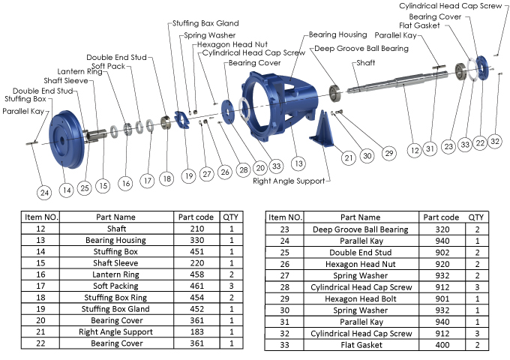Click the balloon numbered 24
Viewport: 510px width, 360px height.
(x=45, y=192)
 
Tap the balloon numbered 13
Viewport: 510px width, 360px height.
(x=299, y=162)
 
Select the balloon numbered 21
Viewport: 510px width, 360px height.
(x=347, y=157)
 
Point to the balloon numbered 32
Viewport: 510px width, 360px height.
(x=493, y=141)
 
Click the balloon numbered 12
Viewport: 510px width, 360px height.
(x=414, y=149)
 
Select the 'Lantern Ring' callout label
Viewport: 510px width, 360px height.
(x=65, y=72)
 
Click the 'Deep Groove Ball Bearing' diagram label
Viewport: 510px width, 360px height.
(x=361, y=49)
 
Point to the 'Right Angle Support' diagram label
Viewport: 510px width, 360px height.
(x=289, y=181)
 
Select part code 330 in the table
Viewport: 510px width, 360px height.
(x=196, y=240)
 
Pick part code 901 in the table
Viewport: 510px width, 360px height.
(x=443, y=298)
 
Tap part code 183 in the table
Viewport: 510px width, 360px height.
(x=196, y=331)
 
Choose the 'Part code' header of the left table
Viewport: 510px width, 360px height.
(x=196, y=217)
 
